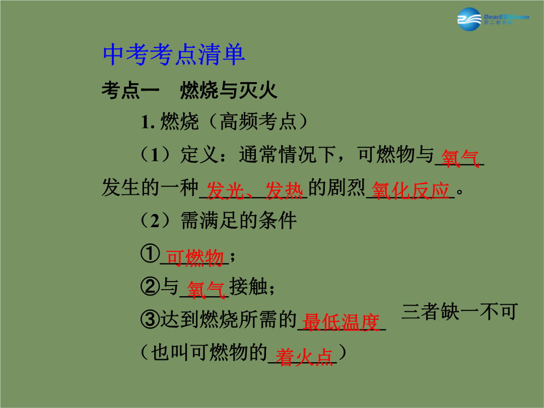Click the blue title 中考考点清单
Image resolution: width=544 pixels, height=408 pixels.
tap(174, 54)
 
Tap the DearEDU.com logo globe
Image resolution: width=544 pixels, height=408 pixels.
tap(469, 19)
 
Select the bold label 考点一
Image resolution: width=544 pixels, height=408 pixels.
tap(130, 90)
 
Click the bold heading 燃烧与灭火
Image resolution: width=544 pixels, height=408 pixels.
tap(229, 90)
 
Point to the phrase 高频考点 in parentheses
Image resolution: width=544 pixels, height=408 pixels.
tap(258, 121)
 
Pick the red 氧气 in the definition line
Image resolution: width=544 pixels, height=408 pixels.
tap(460, 159)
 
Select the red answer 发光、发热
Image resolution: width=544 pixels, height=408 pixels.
tap(254, 190)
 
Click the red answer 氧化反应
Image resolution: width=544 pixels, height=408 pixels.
tap(411, 190)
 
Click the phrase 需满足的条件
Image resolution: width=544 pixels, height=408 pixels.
tap(239, 220)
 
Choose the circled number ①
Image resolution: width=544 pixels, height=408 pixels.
tap(150, 253)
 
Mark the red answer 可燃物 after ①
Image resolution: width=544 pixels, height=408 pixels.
tap(194, 258)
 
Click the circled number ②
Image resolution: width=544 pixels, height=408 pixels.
tap(150, 287)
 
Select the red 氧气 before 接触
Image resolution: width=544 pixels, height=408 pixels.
tap(206, 290)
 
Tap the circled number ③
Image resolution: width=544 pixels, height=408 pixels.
tap(150, 319)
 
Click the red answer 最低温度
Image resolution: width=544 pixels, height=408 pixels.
tap(341, 322)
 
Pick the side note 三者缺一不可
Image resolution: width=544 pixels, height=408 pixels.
tap(460, 311)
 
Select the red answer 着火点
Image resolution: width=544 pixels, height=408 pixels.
tap(304, 357)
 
